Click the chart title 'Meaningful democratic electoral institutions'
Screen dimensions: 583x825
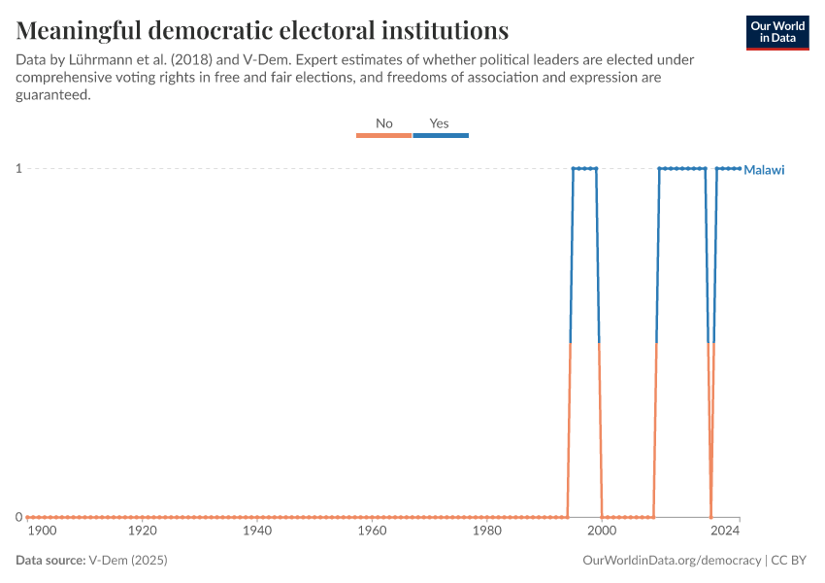[x=262, y=29]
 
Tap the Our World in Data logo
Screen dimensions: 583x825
[x=777, y=32]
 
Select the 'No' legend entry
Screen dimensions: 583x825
[x=384, y=123]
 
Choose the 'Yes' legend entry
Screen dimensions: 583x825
[x=440, y=123]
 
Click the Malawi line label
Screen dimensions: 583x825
[x=764, y=170]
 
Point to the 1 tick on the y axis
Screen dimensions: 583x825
[x=18, y=169]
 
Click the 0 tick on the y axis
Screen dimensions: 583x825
[x=18, y=517]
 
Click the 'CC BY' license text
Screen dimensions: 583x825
[x=790, y=561]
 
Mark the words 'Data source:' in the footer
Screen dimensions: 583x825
[x=50, y=561]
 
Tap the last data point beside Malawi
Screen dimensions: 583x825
[x=740, y=169]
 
